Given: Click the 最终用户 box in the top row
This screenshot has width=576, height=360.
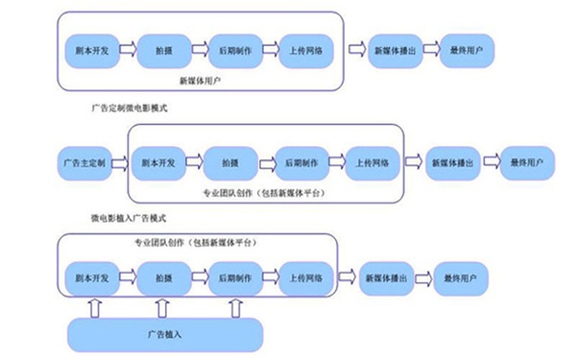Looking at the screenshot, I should coord(465,49).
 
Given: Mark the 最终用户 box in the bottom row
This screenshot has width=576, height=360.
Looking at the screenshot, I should coord(459,277).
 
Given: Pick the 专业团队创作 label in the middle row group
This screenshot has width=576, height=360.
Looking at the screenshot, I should coord(261,193).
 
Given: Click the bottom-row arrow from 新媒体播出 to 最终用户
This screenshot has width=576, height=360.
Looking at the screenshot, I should coord(423,277).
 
